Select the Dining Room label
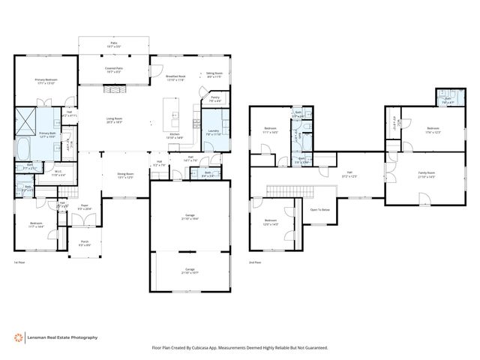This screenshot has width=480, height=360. click(125, 174)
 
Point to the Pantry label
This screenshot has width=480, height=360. click(214, 97)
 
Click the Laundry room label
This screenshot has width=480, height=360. click(212, 130)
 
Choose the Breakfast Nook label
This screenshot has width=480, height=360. click(175, 76)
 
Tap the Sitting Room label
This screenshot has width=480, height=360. click(214, 73)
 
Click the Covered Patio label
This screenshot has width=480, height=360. click(114, 68)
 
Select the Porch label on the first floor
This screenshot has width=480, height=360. click(84, 242)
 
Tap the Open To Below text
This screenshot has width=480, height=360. click(320, 210)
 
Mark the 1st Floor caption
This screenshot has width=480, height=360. click(20, 263)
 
